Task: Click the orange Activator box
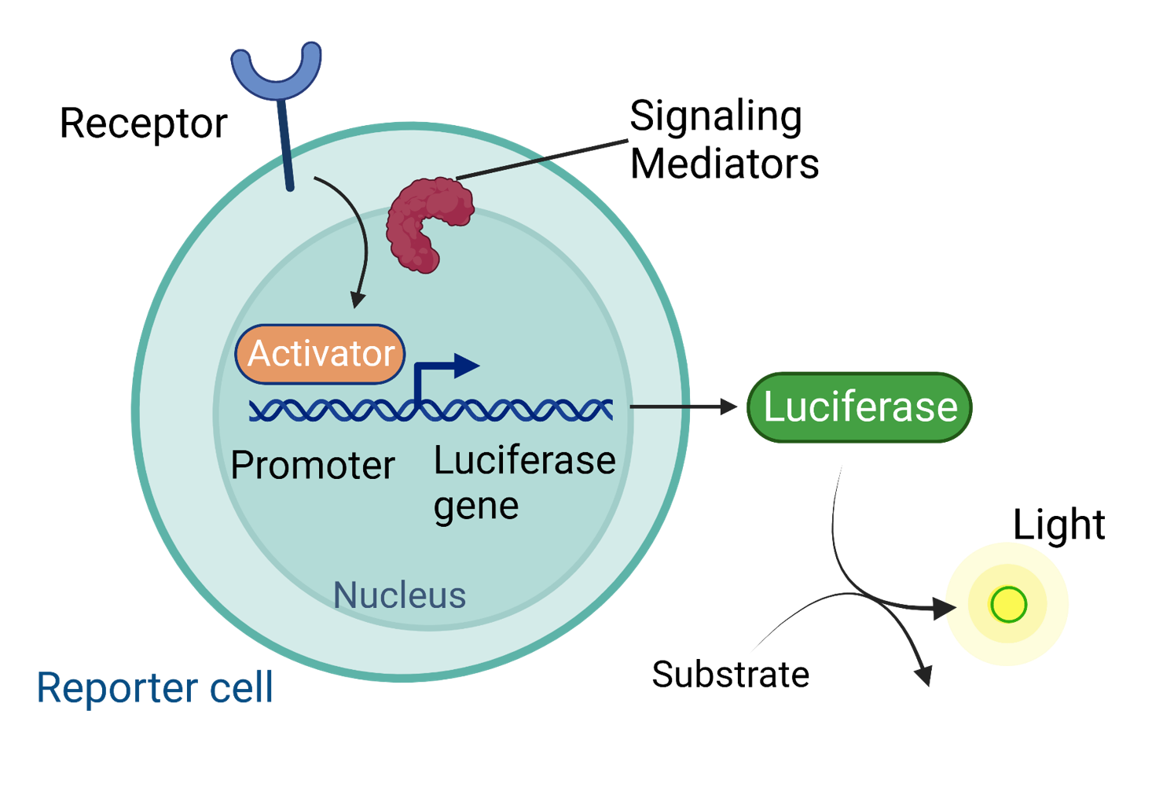(x=321, y=354)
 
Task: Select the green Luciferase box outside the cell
(x=859, y=407)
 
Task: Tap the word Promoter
(x=312, y=466)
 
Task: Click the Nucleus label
(x=399, y=595)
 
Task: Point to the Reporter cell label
(x=155, y=688)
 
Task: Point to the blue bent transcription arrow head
(x=466, y=366)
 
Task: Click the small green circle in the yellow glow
(x=1008, y=605)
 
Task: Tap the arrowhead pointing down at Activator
(x=358, y=300)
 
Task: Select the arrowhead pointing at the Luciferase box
(x=729, y=407)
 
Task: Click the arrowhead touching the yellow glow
(x=944, y=608)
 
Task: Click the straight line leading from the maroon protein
(x=542, y=160)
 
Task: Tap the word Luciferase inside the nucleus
(x=524, y=462)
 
